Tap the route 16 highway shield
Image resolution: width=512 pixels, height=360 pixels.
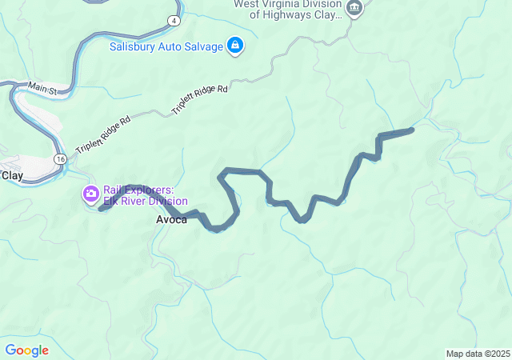[60, 160]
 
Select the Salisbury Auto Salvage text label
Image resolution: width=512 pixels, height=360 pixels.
[166, 46]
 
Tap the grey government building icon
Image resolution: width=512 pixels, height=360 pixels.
[354, 10]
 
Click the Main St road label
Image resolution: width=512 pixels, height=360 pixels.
[42, 87]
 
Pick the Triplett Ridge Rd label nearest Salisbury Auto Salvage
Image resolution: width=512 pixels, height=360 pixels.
[200, 99]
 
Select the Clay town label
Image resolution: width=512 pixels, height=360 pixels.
[12, 174]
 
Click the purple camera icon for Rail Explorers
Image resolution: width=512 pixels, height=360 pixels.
[90, 194]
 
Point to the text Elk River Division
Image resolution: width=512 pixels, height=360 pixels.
[146, 202]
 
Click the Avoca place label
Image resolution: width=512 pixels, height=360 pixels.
[171, 220]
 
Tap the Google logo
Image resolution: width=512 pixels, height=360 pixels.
[26, 350]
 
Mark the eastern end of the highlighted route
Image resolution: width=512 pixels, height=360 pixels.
[411, 129]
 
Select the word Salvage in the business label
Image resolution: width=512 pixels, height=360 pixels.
[203, 46]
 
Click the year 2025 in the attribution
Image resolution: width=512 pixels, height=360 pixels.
[499, 354]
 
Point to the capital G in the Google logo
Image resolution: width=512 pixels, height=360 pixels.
[10, 350]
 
